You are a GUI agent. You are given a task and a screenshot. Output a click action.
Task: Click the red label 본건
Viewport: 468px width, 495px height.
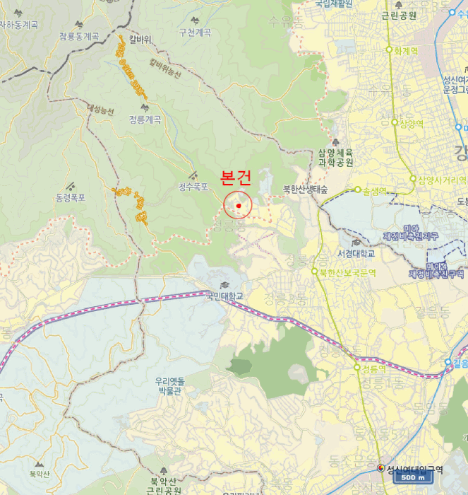coord(236,178)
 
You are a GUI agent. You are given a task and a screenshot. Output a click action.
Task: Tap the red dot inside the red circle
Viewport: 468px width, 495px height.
coord(239,206)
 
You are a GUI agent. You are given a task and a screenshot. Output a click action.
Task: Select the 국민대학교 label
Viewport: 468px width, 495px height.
coord(224,296)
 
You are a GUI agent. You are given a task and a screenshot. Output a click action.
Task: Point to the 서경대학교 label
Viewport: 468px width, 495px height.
coord(356,253)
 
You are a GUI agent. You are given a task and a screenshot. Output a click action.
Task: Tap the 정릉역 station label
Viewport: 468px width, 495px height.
coord(374,369)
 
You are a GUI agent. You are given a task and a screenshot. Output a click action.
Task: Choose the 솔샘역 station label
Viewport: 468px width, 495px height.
coord(375,190)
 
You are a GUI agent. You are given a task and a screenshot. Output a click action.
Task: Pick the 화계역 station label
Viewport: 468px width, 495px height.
coord(406,50)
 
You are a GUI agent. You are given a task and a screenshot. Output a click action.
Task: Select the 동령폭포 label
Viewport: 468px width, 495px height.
coord(70,197)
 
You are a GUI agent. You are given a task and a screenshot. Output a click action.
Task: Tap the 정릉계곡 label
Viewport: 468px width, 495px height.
coord(145,120)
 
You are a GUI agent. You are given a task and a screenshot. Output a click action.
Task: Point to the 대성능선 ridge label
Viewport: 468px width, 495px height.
coord(100,110)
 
